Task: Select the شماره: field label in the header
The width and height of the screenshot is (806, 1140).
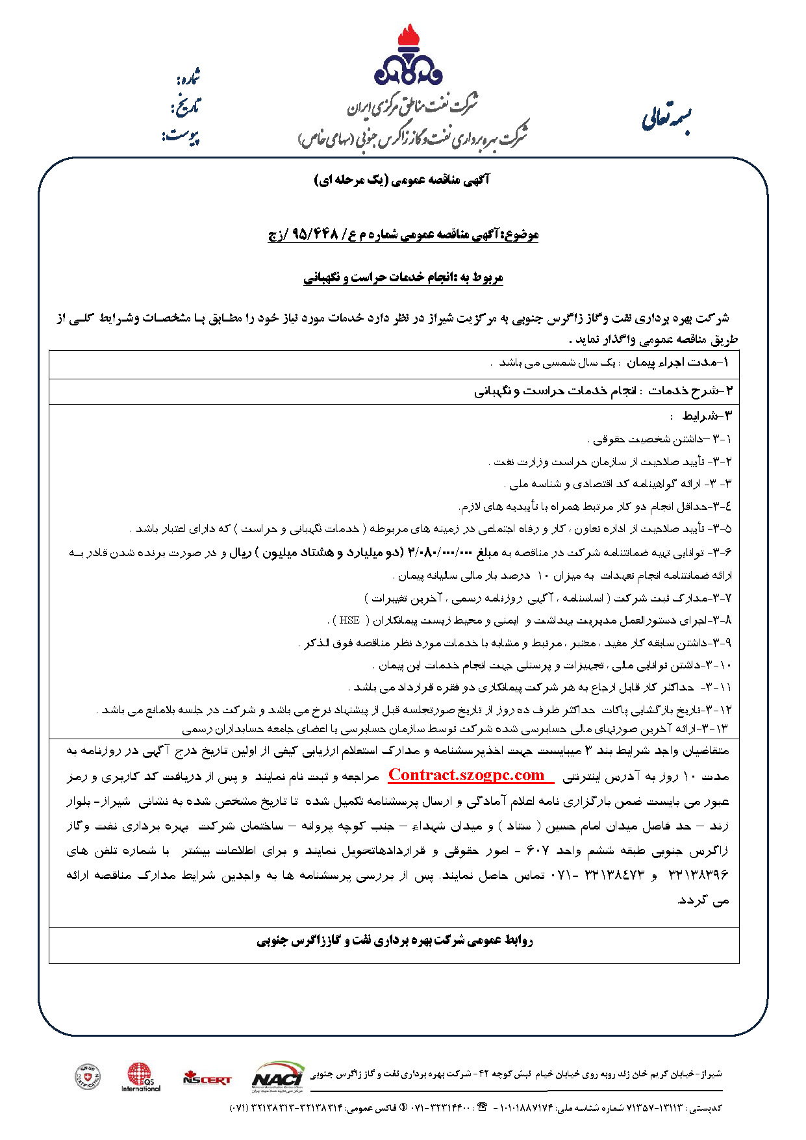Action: click(188, 78)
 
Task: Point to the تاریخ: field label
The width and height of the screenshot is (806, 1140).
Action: click(186, 107)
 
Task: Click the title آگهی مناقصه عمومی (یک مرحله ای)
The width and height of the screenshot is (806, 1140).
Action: click(402, 180)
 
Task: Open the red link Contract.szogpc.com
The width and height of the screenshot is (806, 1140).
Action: click(467, 775)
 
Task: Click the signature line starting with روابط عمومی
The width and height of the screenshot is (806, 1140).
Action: click(394, 940)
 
